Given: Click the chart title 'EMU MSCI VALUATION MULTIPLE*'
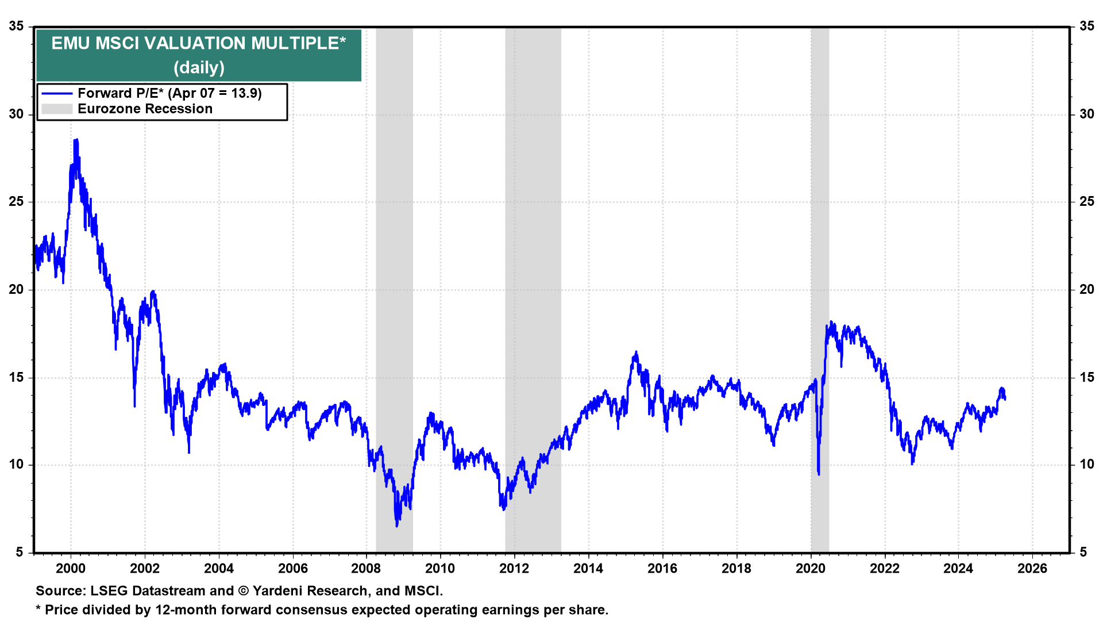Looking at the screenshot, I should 198,44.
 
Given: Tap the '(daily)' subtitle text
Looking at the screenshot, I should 199,68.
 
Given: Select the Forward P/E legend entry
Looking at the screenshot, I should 169,93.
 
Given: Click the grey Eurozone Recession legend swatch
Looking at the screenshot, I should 57,109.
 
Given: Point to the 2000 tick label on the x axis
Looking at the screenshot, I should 71,569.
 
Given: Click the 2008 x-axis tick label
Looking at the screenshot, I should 366,569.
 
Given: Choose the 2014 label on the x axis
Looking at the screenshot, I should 588,569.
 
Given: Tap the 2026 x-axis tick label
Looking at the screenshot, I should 1032,569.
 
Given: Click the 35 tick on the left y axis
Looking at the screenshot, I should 17,26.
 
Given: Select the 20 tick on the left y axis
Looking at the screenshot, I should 17,289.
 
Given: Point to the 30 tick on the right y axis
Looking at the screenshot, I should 1086,114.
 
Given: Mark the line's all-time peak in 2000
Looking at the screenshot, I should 76,140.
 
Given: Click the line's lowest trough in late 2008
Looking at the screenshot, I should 397,526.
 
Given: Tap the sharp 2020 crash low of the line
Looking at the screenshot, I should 819,474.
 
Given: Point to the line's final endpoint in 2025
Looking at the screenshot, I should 1004,398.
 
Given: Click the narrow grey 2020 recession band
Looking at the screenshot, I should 820,287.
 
